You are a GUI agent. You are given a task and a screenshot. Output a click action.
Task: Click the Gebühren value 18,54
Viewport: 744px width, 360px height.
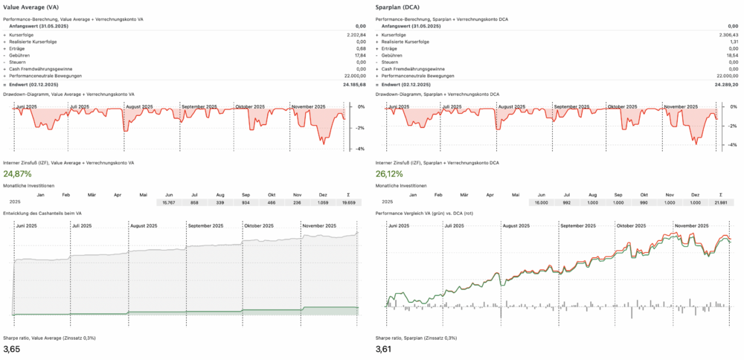(732, 55)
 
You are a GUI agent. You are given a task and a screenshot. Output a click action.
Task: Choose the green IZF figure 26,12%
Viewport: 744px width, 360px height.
(394, 174)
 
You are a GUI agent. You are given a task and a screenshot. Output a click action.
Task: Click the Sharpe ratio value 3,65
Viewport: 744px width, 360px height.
(11, 349)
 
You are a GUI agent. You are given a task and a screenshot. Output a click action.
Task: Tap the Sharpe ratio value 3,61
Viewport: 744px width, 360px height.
(384, 349)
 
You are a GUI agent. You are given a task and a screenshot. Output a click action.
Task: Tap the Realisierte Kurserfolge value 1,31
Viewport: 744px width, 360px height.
(733, 41)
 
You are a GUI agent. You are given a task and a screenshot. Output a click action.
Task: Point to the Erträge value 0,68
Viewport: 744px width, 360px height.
(360, 48)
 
